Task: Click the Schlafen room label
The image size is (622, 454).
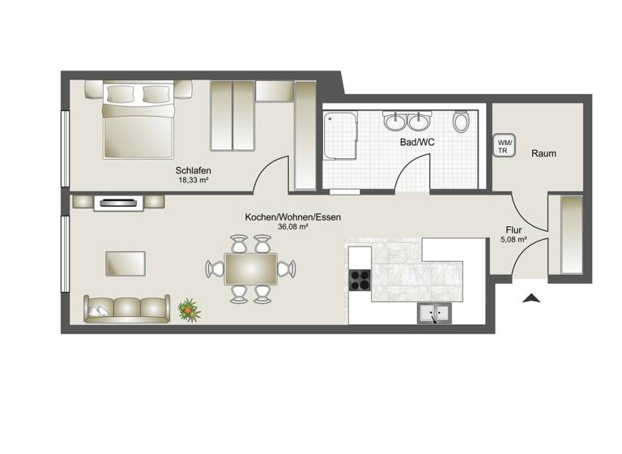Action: click(194, 170)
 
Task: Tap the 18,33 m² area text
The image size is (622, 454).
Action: click(194, 180)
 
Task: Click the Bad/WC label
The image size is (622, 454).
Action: click(417, 143)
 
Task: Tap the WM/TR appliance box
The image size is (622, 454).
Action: click(504, 146)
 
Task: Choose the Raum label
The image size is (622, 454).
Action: click(543, 153)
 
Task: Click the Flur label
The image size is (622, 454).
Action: click(513, 229)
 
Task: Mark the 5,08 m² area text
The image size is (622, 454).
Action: click(513, 239)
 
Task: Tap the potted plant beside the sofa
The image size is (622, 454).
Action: click(189, 308)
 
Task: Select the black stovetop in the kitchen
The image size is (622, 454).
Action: click(360, 279)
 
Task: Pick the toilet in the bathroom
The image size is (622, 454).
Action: click(461, 122)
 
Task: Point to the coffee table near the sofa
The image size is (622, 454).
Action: click(126, 263)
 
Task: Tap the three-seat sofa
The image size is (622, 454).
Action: click(127, 308)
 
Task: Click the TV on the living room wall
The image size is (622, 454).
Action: click(119, 203)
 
